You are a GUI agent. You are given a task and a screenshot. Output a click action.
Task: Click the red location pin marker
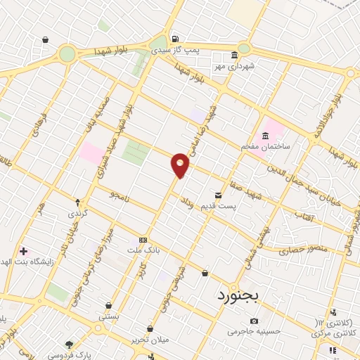pyautogui.click(x=180, y=165)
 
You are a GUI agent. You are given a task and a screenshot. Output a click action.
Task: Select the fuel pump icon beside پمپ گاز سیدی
pyautogui.click(x=174, y=39)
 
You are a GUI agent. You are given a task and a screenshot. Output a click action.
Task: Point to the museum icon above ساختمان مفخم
pyautogui.click(x=265, y=135)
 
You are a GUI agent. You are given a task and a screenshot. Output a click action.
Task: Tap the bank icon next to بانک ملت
pyautogui.click(x=143, y=239)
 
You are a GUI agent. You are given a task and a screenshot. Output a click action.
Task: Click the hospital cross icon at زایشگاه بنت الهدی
pyautogui.click(x=23, y=250)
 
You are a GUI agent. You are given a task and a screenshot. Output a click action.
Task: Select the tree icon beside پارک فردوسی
pyautogui.click(x=69, y=345)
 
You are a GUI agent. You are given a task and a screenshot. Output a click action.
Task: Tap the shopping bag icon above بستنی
pyautogui.click(x=108, y=306)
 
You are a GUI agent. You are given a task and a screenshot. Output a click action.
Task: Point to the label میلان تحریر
pyautogui.click(x=150, y=340)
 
